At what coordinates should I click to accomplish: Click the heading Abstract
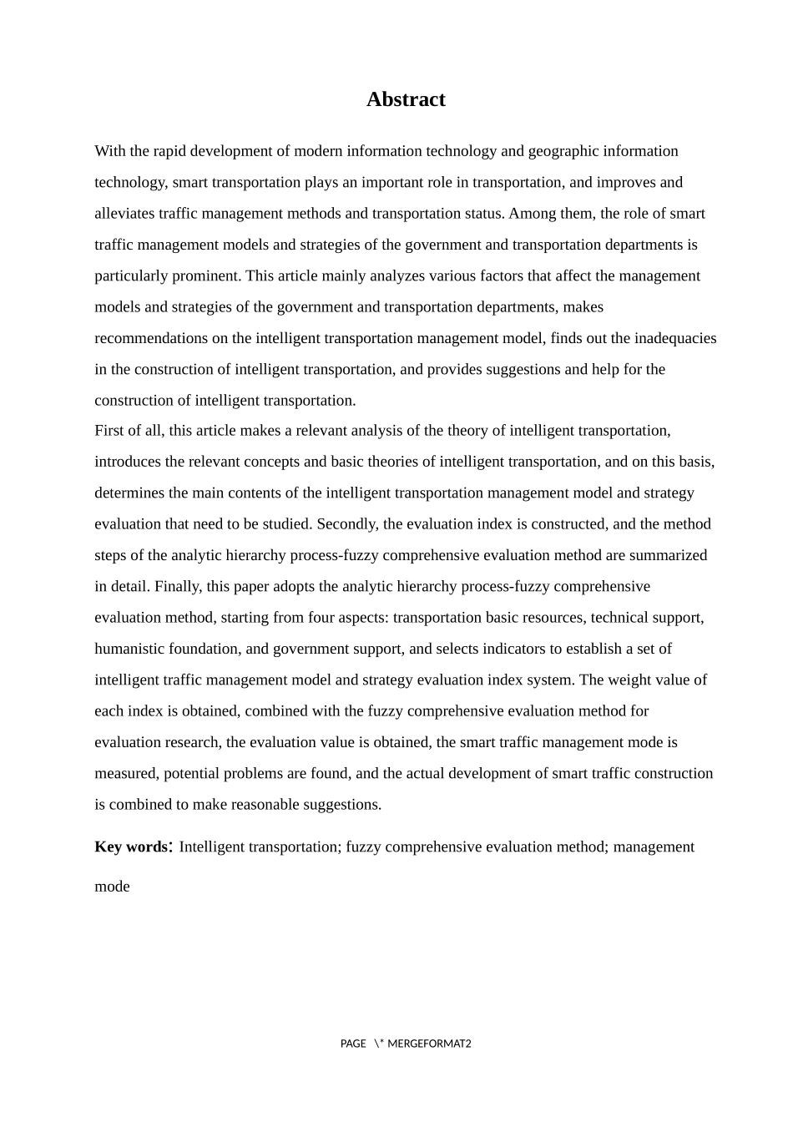pos(406,99)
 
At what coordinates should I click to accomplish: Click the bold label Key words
pos(131,847)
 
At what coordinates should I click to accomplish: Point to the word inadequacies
pos(675,338)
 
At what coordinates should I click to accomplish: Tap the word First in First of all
pos(109,431)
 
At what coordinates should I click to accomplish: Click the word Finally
pos(177,586)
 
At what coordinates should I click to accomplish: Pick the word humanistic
pos(130,649)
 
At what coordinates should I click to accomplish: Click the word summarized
pos(668,555)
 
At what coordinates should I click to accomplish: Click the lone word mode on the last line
pos(112,887)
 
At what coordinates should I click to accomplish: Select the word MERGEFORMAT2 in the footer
pos(429,1044)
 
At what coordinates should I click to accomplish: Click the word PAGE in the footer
pos(353,1044)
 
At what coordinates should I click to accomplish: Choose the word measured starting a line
pos(124,773)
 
